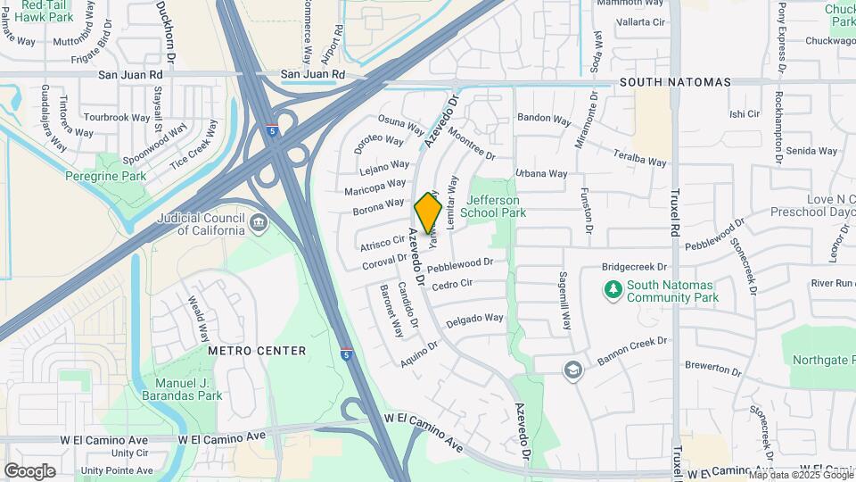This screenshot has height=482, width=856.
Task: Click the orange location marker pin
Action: point(428,212)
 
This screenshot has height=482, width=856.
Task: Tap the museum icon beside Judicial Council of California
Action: point(259,222)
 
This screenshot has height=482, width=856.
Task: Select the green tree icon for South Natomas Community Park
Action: point(612,289)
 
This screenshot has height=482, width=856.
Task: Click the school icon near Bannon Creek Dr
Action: point(572,370)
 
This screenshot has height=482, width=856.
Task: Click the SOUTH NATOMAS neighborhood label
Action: point(675,82)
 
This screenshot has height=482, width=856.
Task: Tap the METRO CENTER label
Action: point(257,351)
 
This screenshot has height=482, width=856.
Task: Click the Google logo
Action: point(29,470)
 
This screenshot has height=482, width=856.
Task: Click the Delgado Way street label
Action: point(475,319)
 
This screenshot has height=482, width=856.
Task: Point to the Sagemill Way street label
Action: point(564,301)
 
